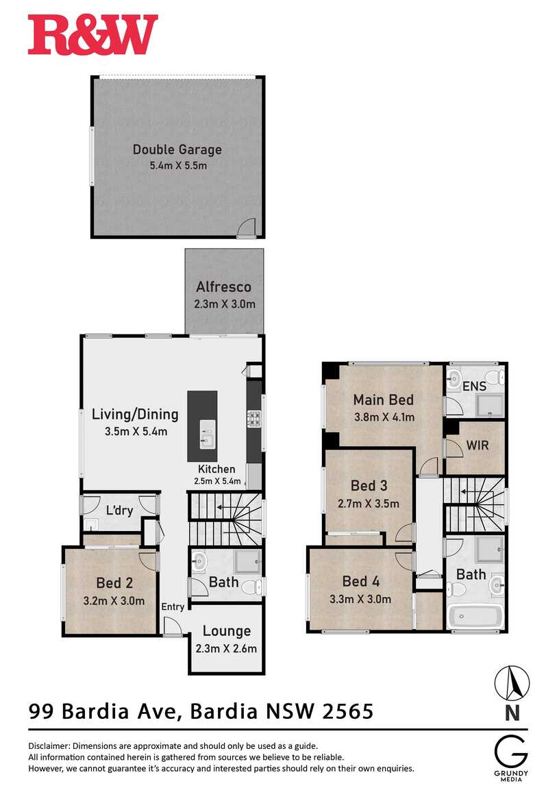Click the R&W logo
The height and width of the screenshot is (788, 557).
[92, 36]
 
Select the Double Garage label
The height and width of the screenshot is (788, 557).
[177, 149]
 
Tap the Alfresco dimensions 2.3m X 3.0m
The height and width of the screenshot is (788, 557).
[223, 304]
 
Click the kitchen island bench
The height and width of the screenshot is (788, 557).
[202, 426]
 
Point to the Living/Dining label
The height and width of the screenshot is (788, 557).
[135, 414]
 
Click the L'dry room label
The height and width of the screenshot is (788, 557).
[119, 510]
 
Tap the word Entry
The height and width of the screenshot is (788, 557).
[173, 606]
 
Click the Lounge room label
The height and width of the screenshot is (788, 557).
[227, 631]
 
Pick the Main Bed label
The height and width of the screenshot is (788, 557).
[383, 399]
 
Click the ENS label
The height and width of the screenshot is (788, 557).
[474, 386]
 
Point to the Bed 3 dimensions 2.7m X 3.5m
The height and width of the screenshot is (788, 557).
[368, 503]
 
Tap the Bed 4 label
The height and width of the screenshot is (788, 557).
[360, 581]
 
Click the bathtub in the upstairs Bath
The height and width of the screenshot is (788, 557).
[475, 615]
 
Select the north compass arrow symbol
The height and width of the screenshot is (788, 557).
[512, 682]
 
